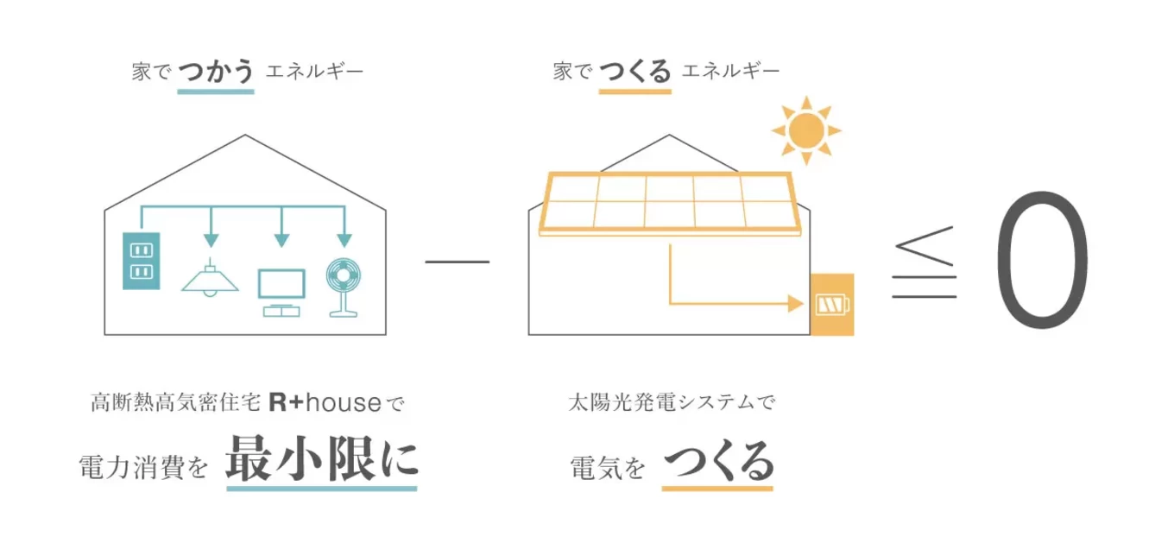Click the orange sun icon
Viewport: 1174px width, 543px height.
pos(806,130)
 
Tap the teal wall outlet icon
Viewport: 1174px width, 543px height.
pos(141,261)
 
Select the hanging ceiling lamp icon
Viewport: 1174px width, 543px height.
pos(210,278)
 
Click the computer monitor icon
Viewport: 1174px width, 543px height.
pos(281,293)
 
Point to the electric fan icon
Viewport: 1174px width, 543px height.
pos(344,287)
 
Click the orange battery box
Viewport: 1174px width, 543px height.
pos(832,305)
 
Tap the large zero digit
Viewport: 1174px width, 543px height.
pos(1042,260)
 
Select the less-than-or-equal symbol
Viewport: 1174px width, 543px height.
pos(925,262)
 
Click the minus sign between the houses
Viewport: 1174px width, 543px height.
pos(457,262)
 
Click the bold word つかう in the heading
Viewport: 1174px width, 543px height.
pos(216,72)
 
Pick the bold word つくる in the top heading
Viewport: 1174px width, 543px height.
pos(634,72)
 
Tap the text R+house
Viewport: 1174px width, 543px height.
pos(325,402)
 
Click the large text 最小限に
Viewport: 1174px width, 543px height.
pos(322,458)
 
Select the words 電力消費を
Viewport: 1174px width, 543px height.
pos(143,467)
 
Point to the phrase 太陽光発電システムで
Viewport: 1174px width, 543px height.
pos(672,402)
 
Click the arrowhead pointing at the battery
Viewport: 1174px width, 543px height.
pos(796,304)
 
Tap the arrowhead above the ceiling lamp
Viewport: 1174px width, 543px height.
pos(211,241)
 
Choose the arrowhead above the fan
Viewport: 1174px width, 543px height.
pos(344,241)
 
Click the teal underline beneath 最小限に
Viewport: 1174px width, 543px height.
pos(322,489)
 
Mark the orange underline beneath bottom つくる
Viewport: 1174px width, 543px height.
pos(717,489)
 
